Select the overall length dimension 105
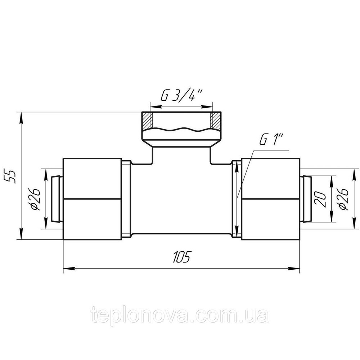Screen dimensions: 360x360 coord(181,257)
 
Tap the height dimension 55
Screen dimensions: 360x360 coord(12,175)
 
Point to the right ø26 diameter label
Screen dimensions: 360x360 coord(342,198)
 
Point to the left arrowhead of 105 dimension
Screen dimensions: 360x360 coord(67,268)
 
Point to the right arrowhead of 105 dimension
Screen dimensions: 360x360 coord(296,268)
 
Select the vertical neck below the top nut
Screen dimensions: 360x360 coord(181,153)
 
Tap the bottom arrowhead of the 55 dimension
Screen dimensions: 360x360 coord(22,236)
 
